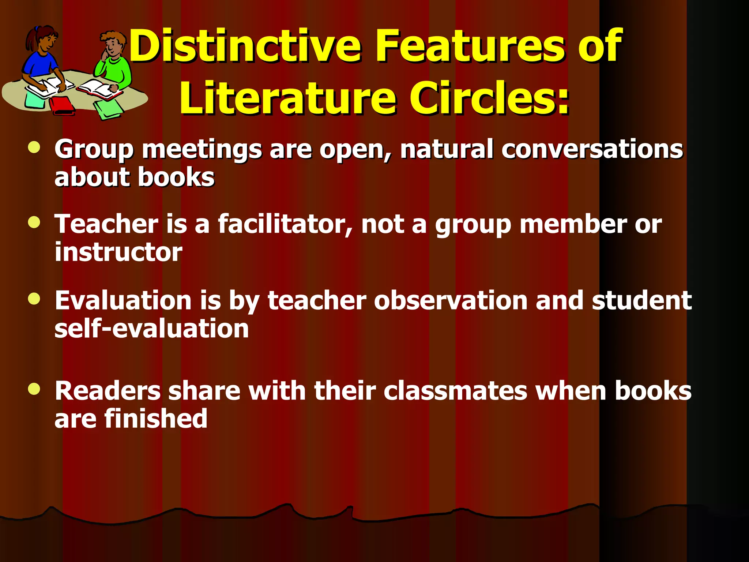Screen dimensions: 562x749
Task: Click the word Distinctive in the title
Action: pyautogui.click(x=245, y=46)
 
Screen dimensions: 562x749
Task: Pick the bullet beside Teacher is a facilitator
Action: pyautogui.click(x=34, y=222)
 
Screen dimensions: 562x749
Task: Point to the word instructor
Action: pyautogui.click(x=118, y=252)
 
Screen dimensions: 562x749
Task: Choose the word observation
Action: pyautogui.click(x=451, y=300)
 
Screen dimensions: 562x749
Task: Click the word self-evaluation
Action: pyautogui.click(x=151, y=328)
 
